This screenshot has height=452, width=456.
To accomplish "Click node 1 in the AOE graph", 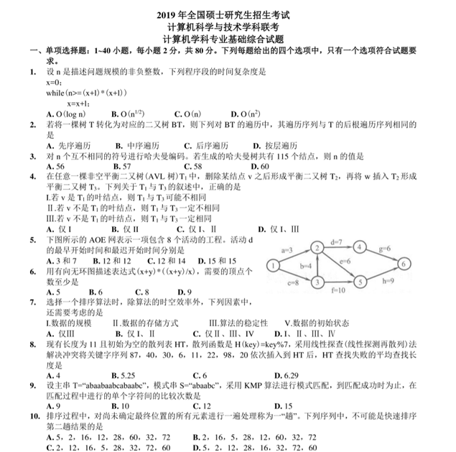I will (274, 266).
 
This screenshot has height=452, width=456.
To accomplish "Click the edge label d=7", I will (336, 241).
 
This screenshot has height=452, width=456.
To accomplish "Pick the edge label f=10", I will (338, 290).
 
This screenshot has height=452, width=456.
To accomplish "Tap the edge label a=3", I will (288, 250).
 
